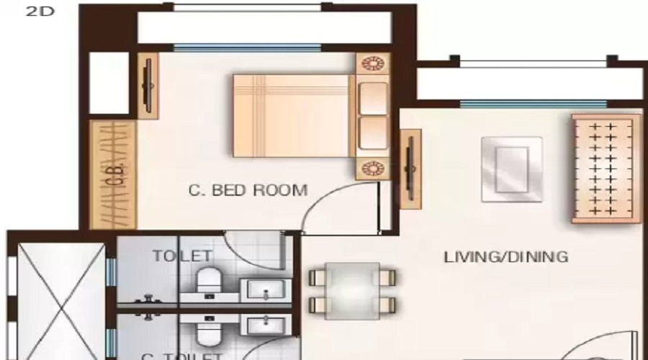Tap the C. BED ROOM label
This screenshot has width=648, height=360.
pos(248,191)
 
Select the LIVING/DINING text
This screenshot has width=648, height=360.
pos(505,256)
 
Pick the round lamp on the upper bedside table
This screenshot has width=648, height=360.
pos(372,64)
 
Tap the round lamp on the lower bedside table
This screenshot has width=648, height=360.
pos(372,168)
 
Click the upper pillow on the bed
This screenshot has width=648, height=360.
pos(372,98)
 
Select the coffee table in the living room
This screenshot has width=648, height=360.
pos(512,168)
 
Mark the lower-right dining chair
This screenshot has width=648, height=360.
pos(387,303)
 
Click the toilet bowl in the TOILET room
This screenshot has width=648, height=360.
pos(209,279)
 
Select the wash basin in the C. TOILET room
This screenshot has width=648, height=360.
pos(267,325)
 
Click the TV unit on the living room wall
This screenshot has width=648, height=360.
pos(410,168)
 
